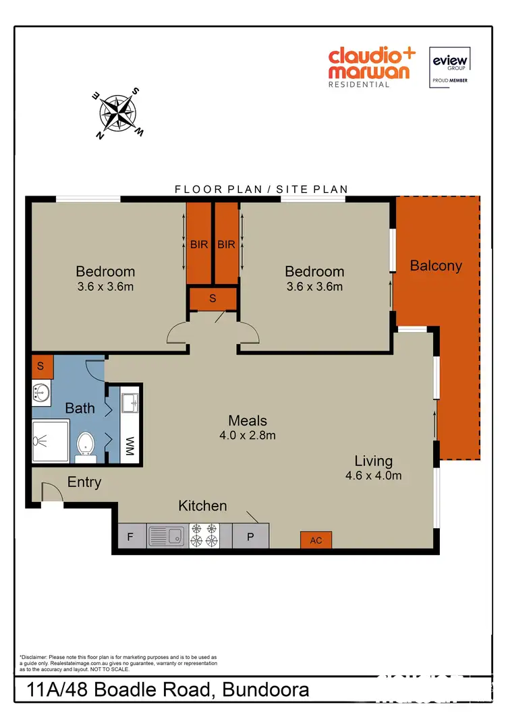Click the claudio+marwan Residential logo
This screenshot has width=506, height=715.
tap(372, 67)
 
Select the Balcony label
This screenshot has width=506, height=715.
tap(436, 266)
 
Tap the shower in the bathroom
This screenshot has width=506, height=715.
tap(50, 440)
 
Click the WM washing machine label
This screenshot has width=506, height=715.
tap(130, 446)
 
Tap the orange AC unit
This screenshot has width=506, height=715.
tap(316, 540)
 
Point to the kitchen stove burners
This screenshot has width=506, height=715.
tap(204, 536)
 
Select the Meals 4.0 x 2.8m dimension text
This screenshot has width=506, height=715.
tap(247, 436)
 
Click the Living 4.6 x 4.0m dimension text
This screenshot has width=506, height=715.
tap(373, 476)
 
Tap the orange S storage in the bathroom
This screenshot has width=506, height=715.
tap(41, 366)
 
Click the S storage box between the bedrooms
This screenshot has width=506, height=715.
tap(213, 297)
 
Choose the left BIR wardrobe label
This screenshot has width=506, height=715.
tap(199, 245)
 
